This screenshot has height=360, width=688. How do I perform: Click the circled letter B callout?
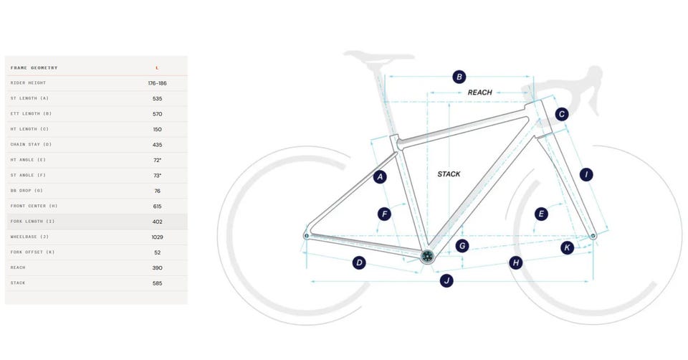(x=459, y=77)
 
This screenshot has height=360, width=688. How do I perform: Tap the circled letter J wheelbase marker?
(x=446, y=280)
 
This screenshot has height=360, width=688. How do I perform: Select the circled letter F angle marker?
(x=384, y=214)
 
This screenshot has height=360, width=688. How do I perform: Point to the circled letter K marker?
(x=567, y=247)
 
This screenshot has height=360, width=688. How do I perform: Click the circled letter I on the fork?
(x=586, y=175)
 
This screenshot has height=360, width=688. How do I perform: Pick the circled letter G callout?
(x=462, y=246)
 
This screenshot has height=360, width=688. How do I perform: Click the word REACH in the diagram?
(x=479, y=93)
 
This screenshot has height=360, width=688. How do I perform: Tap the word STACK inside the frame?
(x=449, y=174)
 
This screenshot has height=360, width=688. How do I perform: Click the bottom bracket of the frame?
(x=427, y=256)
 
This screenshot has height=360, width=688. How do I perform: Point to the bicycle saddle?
(x=378, y=57)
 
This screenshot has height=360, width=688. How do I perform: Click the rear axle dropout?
(x=307, y=236)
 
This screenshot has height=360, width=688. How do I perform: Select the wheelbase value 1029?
(x=157, y=237)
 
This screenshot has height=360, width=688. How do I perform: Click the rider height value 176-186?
(x=157, y=83)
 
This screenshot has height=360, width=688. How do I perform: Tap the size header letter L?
(x=157, y=68)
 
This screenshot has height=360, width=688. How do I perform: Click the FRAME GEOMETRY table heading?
(x=34, y=67)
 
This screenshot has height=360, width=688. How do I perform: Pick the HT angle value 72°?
(x=157, y=160)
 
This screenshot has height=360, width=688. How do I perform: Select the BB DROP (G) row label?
(x=27, y=191)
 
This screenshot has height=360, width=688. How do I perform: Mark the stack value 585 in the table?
(x=157, y=283)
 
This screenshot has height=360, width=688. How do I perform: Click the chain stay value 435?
(x=157, y=144)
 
